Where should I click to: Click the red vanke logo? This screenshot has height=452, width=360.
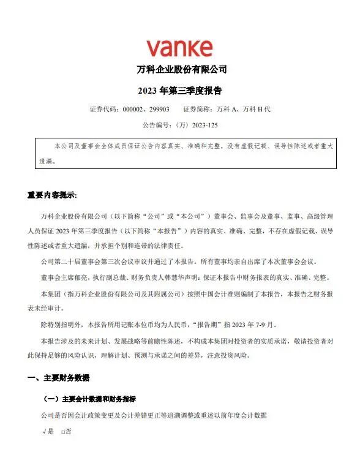pyautogui.click(x=179, y=48)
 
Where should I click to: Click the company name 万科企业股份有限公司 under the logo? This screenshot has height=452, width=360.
pyautogui.click(x=179, y=69)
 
